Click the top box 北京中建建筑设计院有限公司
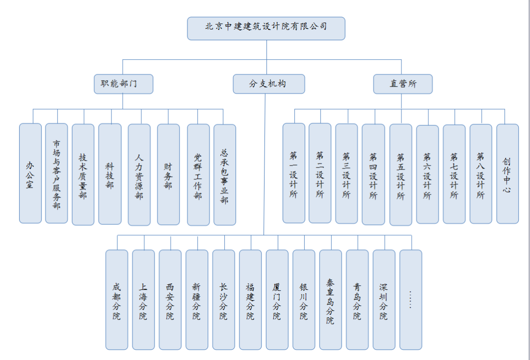266,28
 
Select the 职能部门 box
123,84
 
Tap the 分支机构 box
269,84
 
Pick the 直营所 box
402,84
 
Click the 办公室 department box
30,173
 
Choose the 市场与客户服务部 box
56,173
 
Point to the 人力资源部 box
139,174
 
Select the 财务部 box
168,174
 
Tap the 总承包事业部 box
225,175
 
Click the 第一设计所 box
294,173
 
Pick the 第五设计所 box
400,174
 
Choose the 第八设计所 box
480,174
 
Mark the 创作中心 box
507,174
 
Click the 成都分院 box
117,300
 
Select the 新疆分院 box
197,300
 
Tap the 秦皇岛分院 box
331,300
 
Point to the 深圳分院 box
384,300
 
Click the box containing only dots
411,300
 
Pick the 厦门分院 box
277,300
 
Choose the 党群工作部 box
198,174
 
